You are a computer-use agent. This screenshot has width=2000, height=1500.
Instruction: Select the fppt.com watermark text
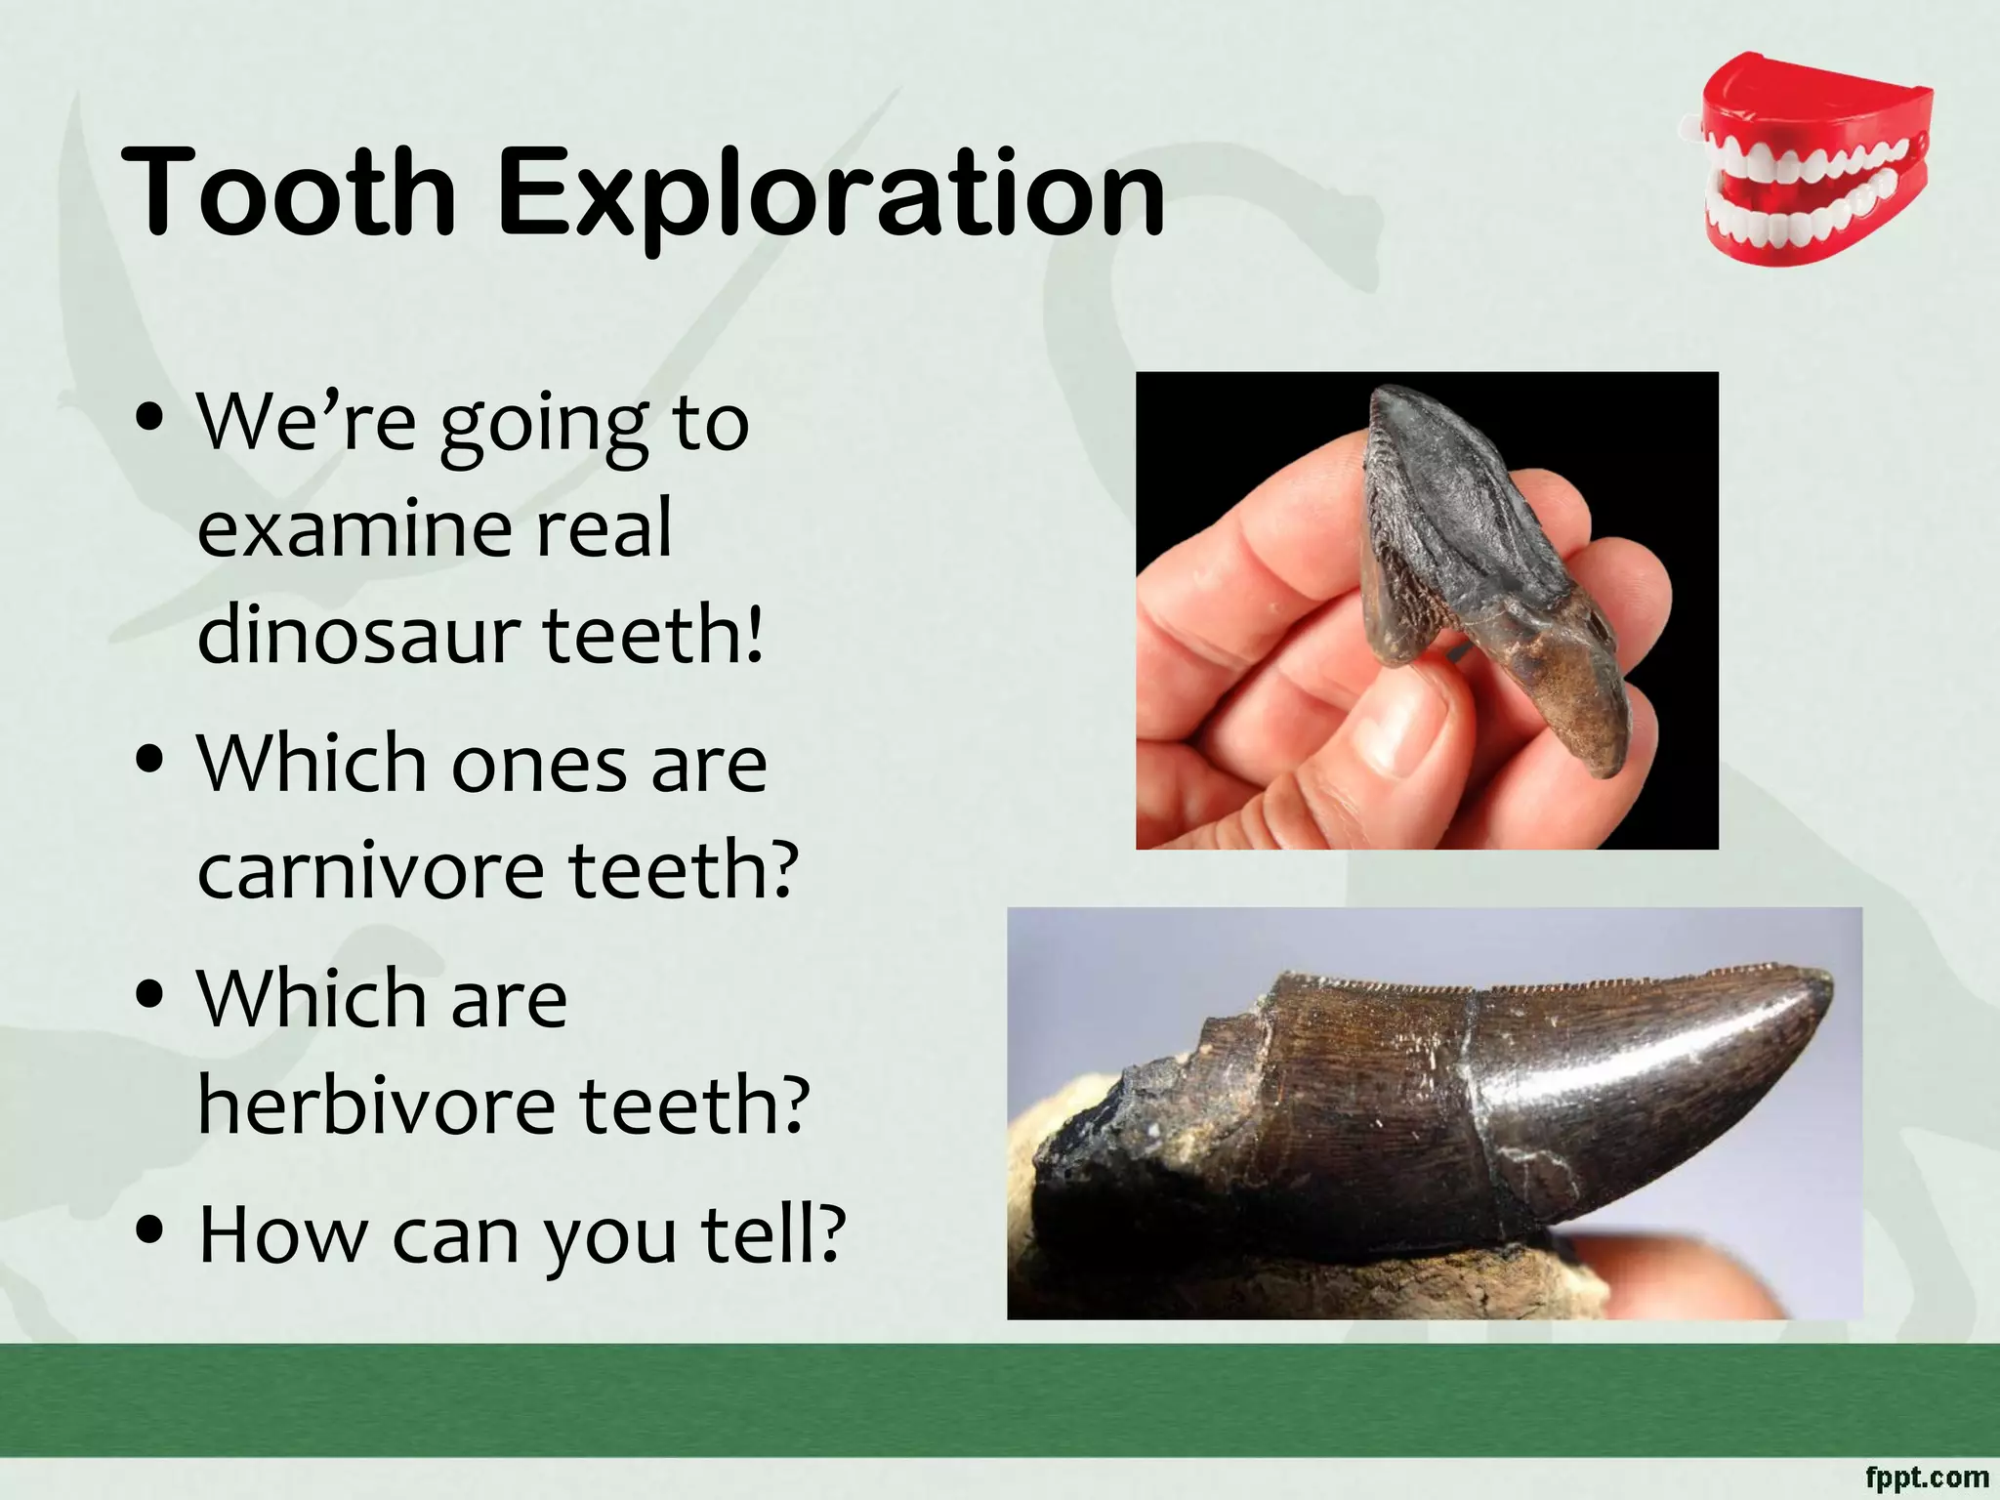point(1926,1477)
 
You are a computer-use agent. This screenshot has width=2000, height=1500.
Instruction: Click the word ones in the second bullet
point(538,765)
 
